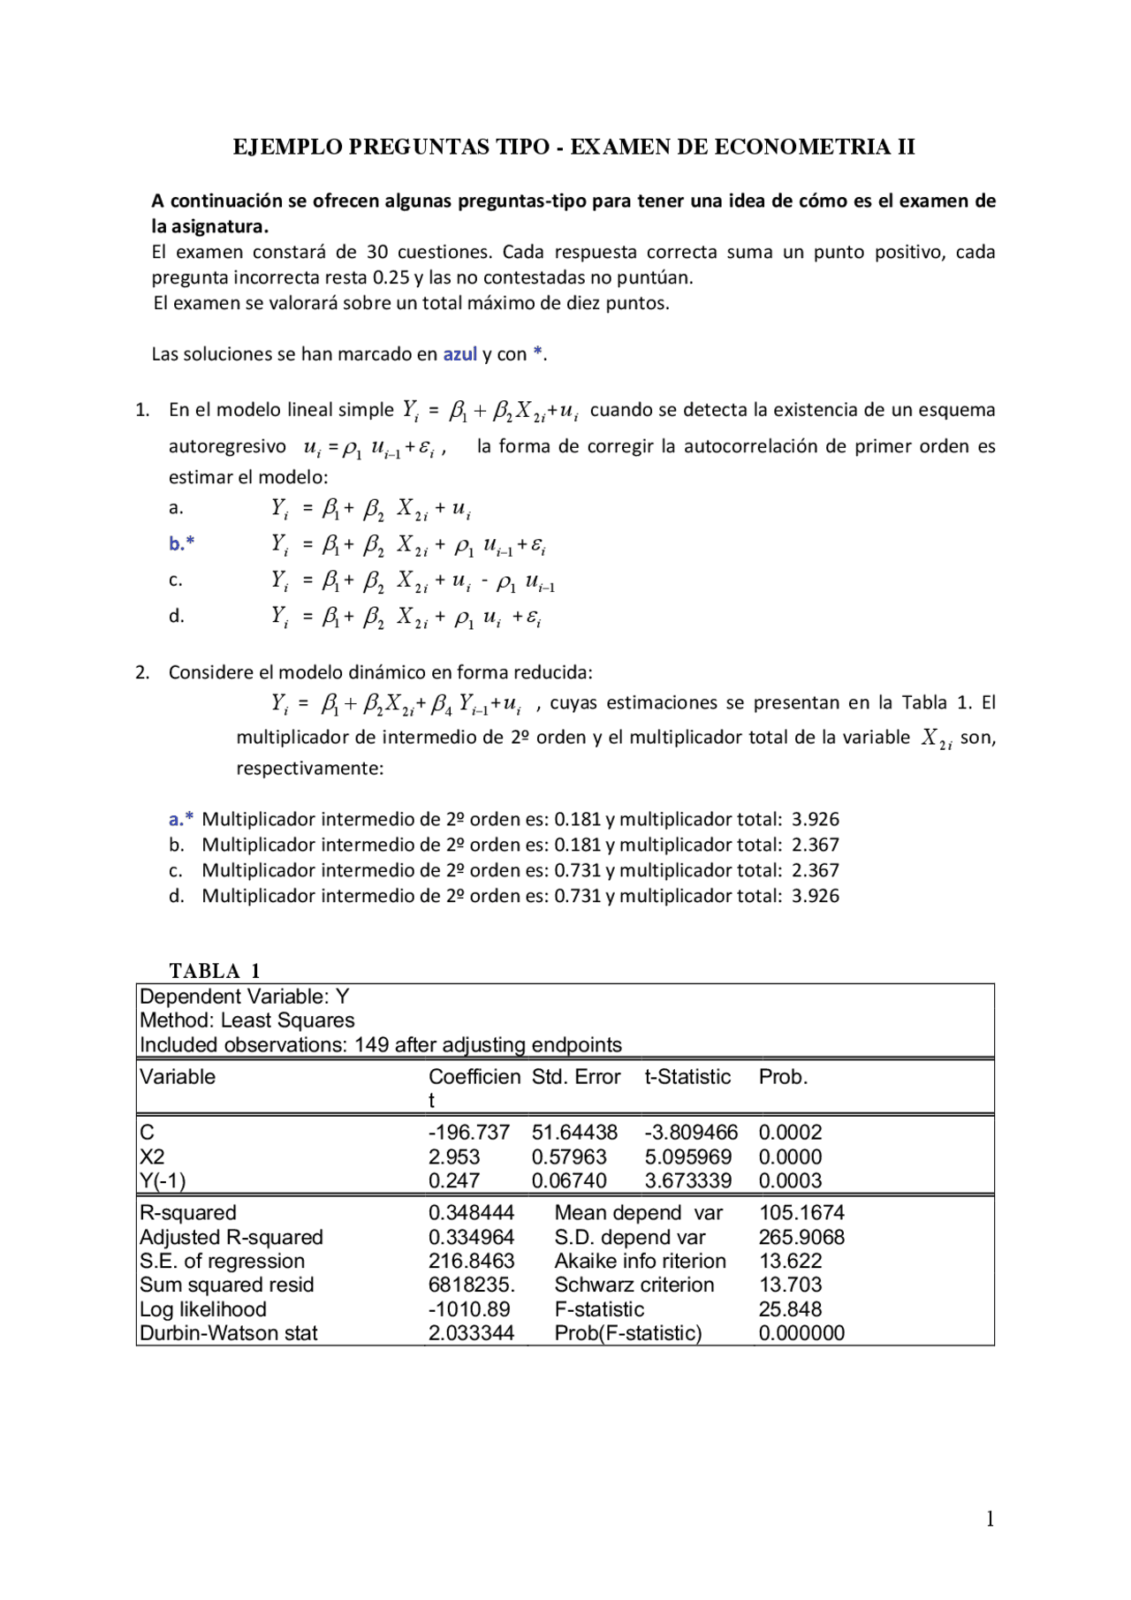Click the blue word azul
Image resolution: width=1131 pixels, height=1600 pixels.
(459, 354)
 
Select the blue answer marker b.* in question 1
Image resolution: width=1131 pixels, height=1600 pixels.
(181, 544)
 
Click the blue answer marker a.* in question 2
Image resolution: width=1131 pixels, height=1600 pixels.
(180, 820)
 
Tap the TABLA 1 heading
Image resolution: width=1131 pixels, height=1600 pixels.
(215, 971)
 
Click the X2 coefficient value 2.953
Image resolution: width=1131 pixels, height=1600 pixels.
(454, 1156)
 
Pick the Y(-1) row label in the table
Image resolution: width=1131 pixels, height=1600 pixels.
(163, 1181)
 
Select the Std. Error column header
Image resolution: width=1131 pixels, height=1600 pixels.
(576, 1077)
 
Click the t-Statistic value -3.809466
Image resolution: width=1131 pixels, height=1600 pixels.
(690, 1133)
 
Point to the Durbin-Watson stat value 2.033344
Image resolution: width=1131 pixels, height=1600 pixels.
(471, 1333)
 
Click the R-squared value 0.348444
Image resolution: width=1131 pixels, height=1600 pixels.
(471, 1213)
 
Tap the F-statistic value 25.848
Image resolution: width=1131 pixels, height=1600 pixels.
(790, 1309)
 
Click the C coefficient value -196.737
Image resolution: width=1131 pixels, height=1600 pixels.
(468, 1133)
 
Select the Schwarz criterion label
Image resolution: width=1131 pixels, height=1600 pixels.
(634, 1285)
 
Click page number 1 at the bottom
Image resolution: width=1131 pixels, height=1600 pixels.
(990, 1519)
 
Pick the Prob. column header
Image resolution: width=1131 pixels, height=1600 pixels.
(783, 1077)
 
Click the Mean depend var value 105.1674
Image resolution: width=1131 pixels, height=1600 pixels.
(801, 1213)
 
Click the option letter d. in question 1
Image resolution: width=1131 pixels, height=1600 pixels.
(176, 617)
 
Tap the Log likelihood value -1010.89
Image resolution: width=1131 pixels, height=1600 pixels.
(468, 1309)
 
